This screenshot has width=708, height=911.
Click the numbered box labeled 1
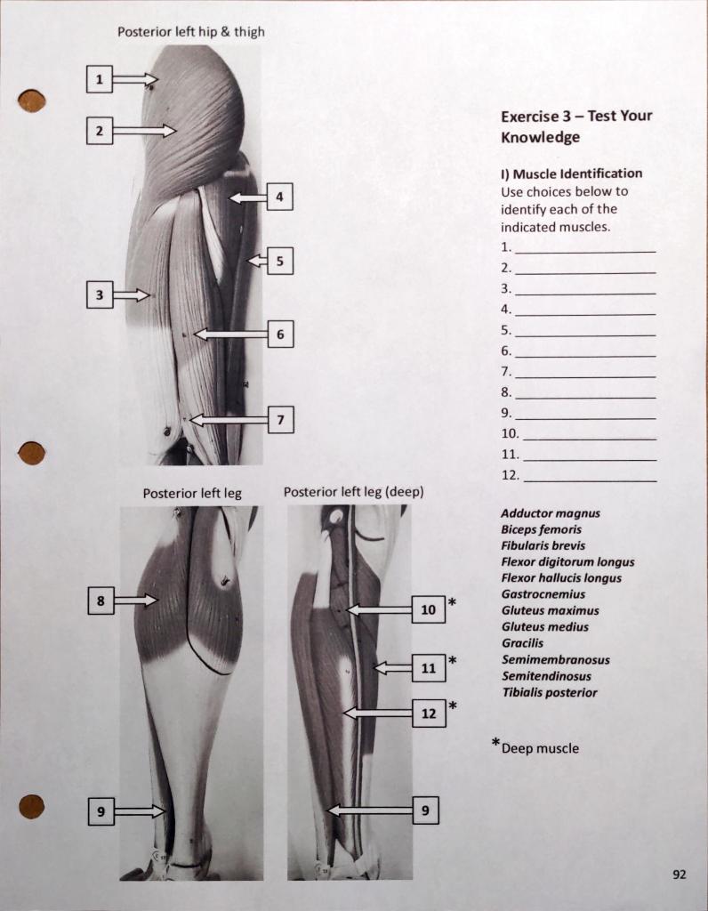(100, 79)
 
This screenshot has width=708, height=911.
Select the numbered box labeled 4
(279, 197)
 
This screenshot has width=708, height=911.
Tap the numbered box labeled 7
(280, 419)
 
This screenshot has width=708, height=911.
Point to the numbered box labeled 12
(429, 713)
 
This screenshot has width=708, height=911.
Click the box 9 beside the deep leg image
(425, 810)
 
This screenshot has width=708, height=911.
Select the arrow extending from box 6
(230, 335)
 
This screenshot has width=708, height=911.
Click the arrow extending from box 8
(136, 601)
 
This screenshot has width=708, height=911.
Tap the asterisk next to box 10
(453, 603)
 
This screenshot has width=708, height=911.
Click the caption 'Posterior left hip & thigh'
(191, 32)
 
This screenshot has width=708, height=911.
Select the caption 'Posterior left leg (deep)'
(353, 492)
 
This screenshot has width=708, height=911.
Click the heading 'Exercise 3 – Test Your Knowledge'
(575, 126)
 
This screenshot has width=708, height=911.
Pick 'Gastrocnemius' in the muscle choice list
(543, 594)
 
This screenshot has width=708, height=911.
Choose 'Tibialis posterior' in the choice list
(549, 692)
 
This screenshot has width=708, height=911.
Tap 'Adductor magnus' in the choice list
(550, 513)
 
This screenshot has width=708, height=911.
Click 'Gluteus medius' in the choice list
(544, 626)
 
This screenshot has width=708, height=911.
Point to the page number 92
(679, 875)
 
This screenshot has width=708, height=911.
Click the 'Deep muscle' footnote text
(539, 748)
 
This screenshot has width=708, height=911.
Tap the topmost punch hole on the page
(31, 101)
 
